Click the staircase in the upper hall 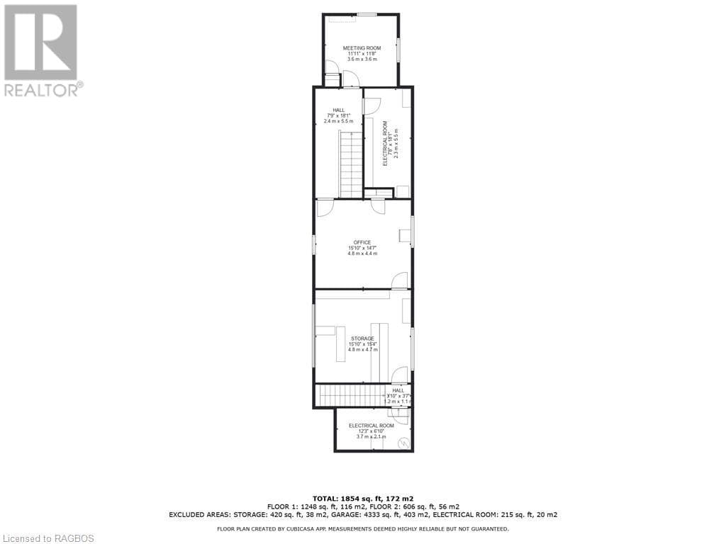point(350,164)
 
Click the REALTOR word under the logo point(42,90)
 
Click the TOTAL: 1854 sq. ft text point(362,499)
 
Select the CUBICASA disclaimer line point(362,528)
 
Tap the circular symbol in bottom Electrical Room point(403,444)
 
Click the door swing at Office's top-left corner point(325,208)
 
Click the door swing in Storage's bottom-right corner point(400,375)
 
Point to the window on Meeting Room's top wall point(367,14)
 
